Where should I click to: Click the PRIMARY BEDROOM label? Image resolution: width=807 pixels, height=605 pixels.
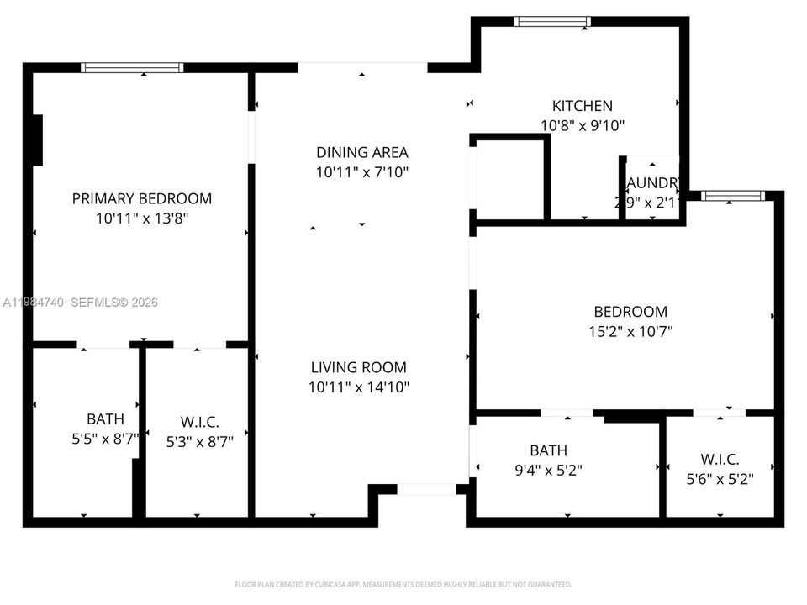pos(141,199)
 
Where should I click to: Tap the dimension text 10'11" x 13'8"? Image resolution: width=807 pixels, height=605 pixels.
pos(141,218)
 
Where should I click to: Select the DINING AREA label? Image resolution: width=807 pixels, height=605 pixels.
pos(361,152)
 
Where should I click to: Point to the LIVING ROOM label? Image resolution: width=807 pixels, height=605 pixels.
pos(358,367)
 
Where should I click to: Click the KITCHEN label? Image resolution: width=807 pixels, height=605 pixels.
pos(582,106)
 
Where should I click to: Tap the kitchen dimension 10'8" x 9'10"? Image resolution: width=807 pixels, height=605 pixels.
pos(582,125)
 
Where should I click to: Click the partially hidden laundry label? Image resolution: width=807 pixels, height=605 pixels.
pos(651,183)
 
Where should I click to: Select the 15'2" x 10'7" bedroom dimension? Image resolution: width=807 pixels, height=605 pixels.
pos(630,331)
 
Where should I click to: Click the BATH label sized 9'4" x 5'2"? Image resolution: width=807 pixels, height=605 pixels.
pos(548,450)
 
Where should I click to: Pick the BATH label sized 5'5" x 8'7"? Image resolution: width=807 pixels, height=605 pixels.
pos(105,418)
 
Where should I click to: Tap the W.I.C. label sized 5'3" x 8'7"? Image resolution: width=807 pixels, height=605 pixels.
pos(200,423)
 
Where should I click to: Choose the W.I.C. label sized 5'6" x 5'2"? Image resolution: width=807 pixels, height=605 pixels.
pos(720,460)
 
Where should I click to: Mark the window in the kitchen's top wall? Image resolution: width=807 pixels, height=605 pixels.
pos(552,22)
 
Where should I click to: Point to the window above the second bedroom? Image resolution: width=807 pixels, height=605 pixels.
pos(733,196)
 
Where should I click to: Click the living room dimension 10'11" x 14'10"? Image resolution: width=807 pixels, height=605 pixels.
pos(358,387)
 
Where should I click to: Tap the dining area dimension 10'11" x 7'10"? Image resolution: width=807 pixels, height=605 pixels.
pos(361,172)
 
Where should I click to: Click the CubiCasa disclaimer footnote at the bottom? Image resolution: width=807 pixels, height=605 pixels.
pos(403,584)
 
